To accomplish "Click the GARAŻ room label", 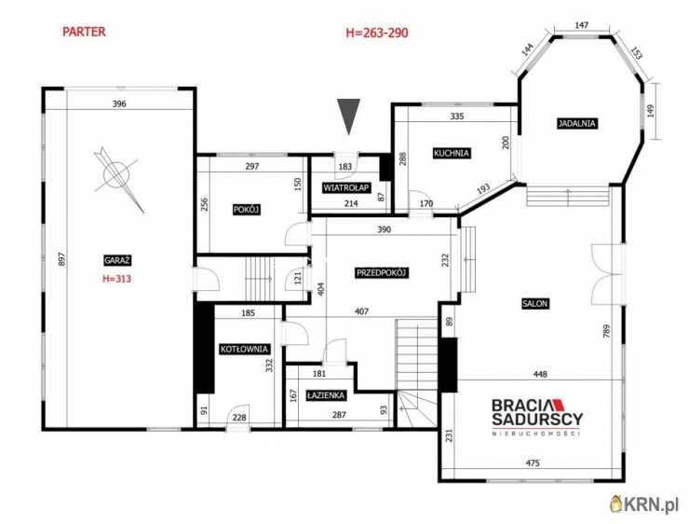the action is coord(117,260).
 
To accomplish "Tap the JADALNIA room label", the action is coord(577,123).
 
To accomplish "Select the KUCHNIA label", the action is coord(452,153).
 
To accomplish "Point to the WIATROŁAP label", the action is coord(346,187).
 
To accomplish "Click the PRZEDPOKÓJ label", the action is coord(383,273).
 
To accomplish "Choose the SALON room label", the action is coord(535,303).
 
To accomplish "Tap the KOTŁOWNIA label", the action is coord(244,349).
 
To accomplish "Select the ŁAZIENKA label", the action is coord(326,395).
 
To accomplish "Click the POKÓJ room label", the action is coord(247,210).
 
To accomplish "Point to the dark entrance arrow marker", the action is coord(348,116).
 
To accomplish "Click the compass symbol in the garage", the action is coord(117,177).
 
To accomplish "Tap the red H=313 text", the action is coord(117,279).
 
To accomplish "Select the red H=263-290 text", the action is coord(377,33).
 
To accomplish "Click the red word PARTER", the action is coord(84,32).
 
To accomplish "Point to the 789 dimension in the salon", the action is coord(607,331).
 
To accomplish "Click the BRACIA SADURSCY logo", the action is coord(537,416).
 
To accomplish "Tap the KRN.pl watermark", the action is coord(645,503).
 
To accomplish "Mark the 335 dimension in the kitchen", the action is coord(457,117).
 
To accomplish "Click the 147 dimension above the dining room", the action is coord(581,25).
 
